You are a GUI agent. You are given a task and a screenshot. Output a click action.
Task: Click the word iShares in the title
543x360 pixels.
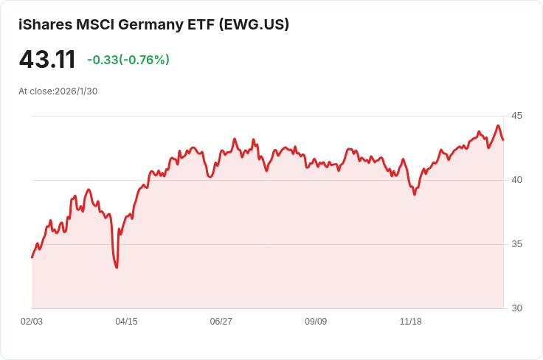click(45, 24)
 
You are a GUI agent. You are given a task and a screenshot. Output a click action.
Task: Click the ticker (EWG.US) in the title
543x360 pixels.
click(255, 24)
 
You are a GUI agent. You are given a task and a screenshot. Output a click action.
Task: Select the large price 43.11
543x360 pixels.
click(47, 59)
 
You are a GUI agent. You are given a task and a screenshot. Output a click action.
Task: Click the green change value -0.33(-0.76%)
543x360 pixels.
click(128, 60)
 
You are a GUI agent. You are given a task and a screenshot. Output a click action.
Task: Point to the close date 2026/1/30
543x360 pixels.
click(76, 91)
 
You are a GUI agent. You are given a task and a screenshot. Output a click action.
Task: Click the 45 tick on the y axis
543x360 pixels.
click(516, 116)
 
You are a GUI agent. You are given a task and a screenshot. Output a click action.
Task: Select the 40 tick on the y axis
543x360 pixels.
click(516, 180)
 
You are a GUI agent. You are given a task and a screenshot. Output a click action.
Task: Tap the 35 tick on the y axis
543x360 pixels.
click(516, 244)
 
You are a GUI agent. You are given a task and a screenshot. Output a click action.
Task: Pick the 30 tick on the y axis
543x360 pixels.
click(516, 308)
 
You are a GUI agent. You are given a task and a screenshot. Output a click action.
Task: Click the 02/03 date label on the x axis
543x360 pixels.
click(32, 322)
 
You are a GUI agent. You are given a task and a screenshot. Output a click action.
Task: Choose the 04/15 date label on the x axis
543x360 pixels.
click(126, 322)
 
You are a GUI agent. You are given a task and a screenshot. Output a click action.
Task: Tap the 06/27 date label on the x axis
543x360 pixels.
click(221, 322)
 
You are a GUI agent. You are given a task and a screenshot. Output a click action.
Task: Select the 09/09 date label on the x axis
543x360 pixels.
click(316, 322)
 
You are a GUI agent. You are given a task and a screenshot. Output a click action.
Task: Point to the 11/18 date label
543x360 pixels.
click(410, 322)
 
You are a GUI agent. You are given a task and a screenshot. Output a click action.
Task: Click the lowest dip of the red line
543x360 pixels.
click(117, 267)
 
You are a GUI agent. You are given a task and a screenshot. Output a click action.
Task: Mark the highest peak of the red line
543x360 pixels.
click(498, 126)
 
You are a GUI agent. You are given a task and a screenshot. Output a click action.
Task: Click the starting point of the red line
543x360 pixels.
click(32, 257)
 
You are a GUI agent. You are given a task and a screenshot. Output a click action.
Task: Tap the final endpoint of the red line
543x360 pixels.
click(503, 140)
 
